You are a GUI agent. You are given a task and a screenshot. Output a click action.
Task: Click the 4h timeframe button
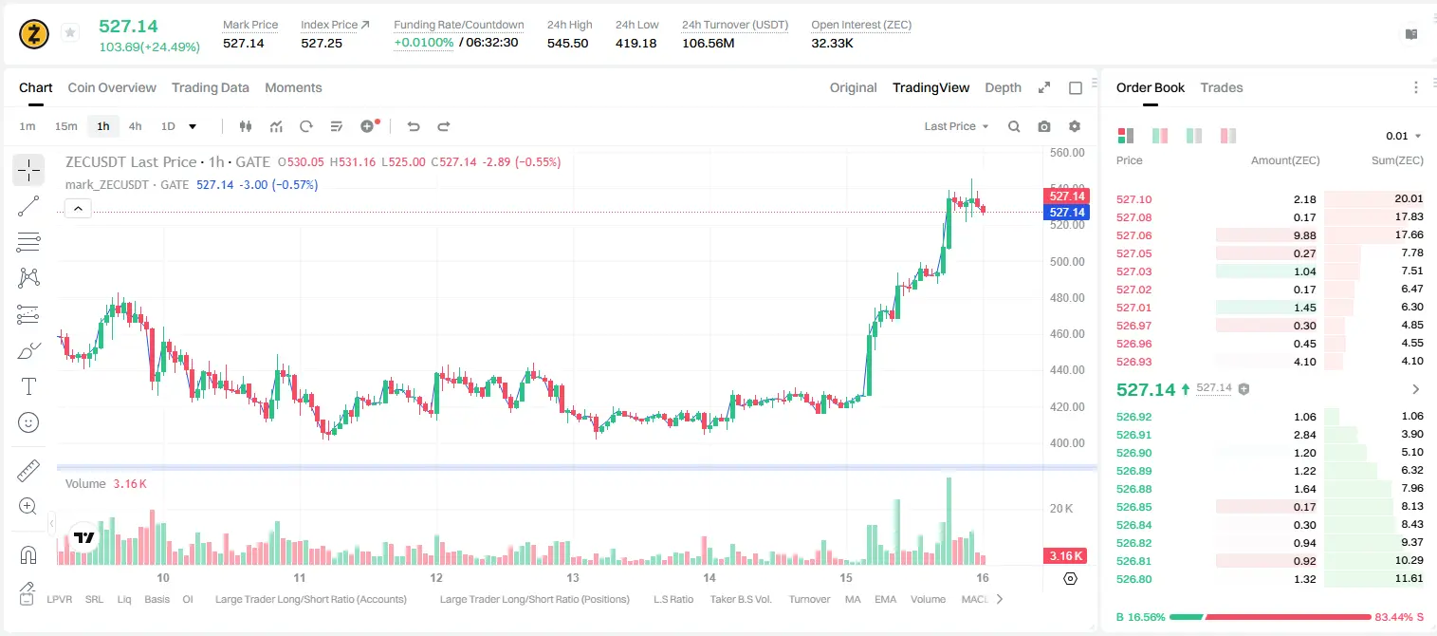coord(135,126)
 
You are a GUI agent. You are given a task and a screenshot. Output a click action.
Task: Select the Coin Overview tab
coord(112,87)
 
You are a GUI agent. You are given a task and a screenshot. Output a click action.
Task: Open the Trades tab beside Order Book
coord(1222,87)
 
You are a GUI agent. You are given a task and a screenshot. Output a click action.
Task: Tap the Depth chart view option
coord(1003,87)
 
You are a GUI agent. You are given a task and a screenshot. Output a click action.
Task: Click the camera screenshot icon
coord(1044,126)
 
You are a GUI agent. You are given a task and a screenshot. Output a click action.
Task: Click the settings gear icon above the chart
coord(1075,126)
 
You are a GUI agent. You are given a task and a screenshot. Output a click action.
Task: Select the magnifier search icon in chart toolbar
coord(1014,126)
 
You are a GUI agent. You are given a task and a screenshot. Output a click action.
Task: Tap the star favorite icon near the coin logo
coord(70,32)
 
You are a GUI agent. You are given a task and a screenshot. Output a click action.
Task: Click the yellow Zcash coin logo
coord(34,34)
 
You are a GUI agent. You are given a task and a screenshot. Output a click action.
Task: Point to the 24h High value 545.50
coord(568,43)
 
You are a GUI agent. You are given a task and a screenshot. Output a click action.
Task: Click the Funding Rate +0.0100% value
coord(423,43)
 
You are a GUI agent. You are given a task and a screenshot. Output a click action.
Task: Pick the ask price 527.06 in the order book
coord(1133,235)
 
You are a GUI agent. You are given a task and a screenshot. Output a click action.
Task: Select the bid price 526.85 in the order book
coord(1133,507)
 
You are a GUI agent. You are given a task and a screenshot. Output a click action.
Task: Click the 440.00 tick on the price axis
coord(1067,369)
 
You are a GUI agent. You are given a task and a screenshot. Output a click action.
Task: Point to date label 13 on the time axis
coord(572,577)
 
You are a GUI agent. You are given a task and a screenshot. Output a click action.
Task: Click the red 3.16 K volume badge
coord(1065,555)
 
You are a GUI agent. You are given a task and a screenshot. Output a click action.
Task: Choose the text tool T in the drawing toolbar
coord(28,386)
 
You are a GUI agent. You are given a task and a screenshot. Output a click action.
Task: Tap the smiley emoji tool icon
coord(28,422)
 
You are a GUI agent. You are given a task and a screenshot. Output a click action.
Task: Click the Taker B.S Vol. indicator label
coord(740,599)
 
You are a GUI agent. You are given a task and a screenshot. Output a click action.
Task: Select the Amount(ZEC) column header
coord(1285,160)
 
